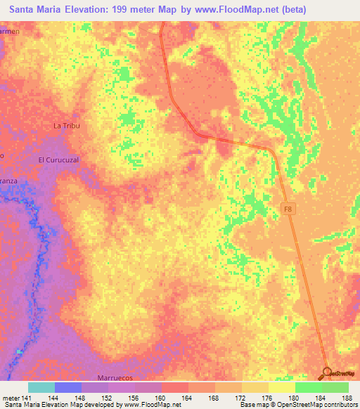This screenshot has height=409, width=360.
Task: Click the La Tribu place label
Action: (x=67, y=126)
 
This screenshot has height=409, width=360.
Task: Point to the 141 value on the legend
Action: (x=28, y=397)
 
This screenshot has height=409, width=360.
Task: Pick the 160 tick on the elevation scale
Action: (x=161, y=397)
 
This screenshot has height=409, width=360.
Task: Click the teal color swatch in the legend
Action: (x=41, y=387)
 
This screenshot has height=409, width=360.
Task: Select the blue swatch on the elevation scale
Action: (x=68, y=387)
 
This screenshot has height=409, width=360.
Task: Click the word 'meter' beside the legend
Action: (x=10, y=397)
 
